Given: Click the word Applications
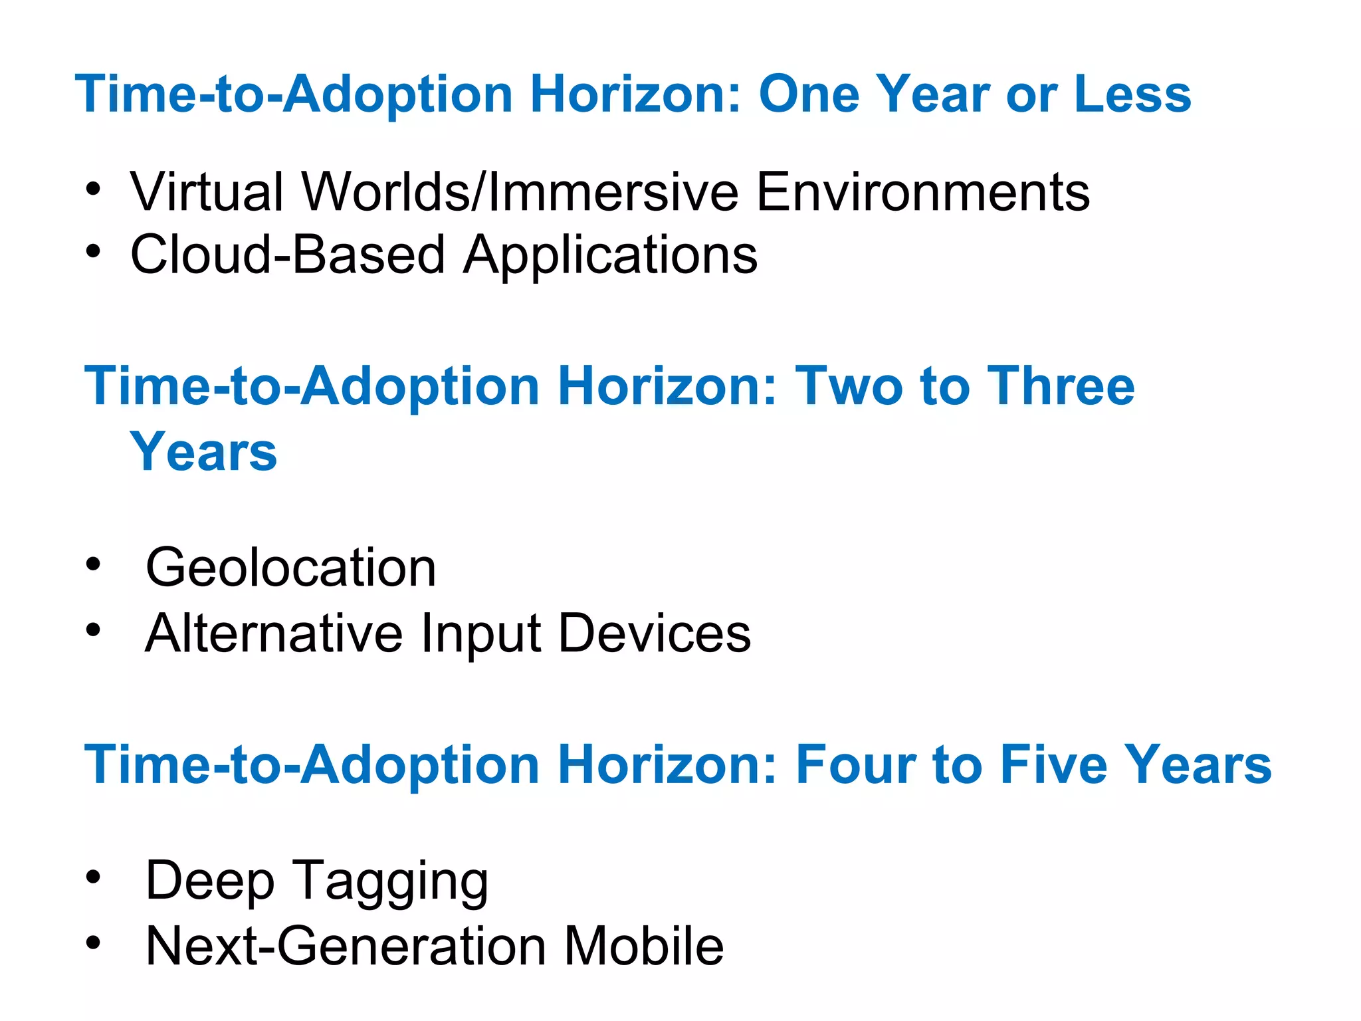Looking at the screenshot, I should point(610,256).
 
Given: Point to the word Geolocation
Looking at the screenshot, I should point(290,568).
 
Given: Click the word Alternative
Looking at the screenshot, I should point(273,633).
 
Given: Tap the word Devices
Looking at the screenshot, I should point(654,633).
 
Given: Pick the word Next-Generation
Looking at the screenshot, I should point(346,946).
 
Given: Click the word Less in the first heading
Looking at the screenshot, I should point(1132,94).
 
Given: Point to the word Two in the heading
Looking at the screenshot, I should point(850,386).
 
